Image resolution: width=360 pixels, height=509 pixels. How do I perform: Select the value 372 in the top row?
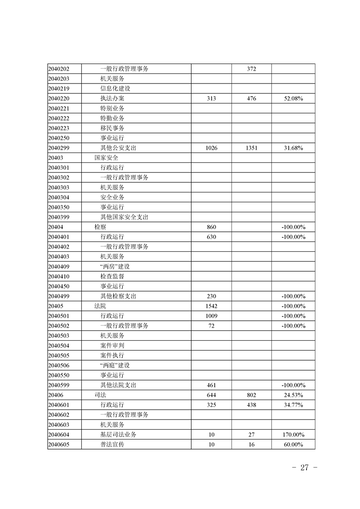click(x=252, y=69)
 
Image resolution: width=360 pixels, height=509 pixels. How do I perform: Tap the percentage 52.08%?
click(x=293, y=98)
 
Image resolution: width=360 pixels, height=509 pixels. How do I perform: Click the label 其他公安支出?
click(x=118, y=148)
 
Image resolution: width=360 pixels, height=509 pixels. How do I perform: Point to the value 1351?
click(x=252, y=148)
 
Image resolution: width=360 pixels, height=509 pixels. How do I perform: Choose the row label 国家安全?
click(x=106, y=158)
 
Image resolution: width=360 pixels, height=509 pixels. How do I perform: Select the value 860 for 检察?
click(x=211, y=227)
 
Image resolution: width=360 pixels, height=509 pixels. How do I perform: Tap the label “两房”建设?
click(x=115, y=267)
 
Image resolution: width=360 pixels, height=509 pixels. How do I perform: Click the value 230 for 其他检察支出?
click(x=211, y=296)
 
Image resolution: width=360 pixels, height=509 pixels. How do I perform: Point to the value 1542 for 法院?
click(x=211, y=306)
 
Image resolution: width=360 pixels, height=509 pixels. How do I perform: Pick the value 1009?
click(x=211, y=316)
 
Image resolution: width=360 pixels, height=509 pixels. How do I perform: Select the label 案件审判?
click(x=112, y=346)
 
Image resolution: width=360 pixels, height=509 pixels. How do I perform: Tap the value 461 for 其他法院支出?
click(x=211, y=385)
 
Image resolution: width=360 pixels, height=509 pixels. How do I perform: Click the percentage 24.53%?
click(x=293, y=395)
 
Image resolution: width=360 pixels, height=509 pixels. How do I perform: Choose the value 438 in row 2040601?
click(x=252, y=405)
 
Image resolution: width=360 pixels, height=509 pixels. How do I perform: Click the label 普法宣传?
click(x=112, y=445)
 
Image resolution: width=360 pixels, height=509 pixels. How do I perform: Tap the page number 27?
click(x=304, y=468)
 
